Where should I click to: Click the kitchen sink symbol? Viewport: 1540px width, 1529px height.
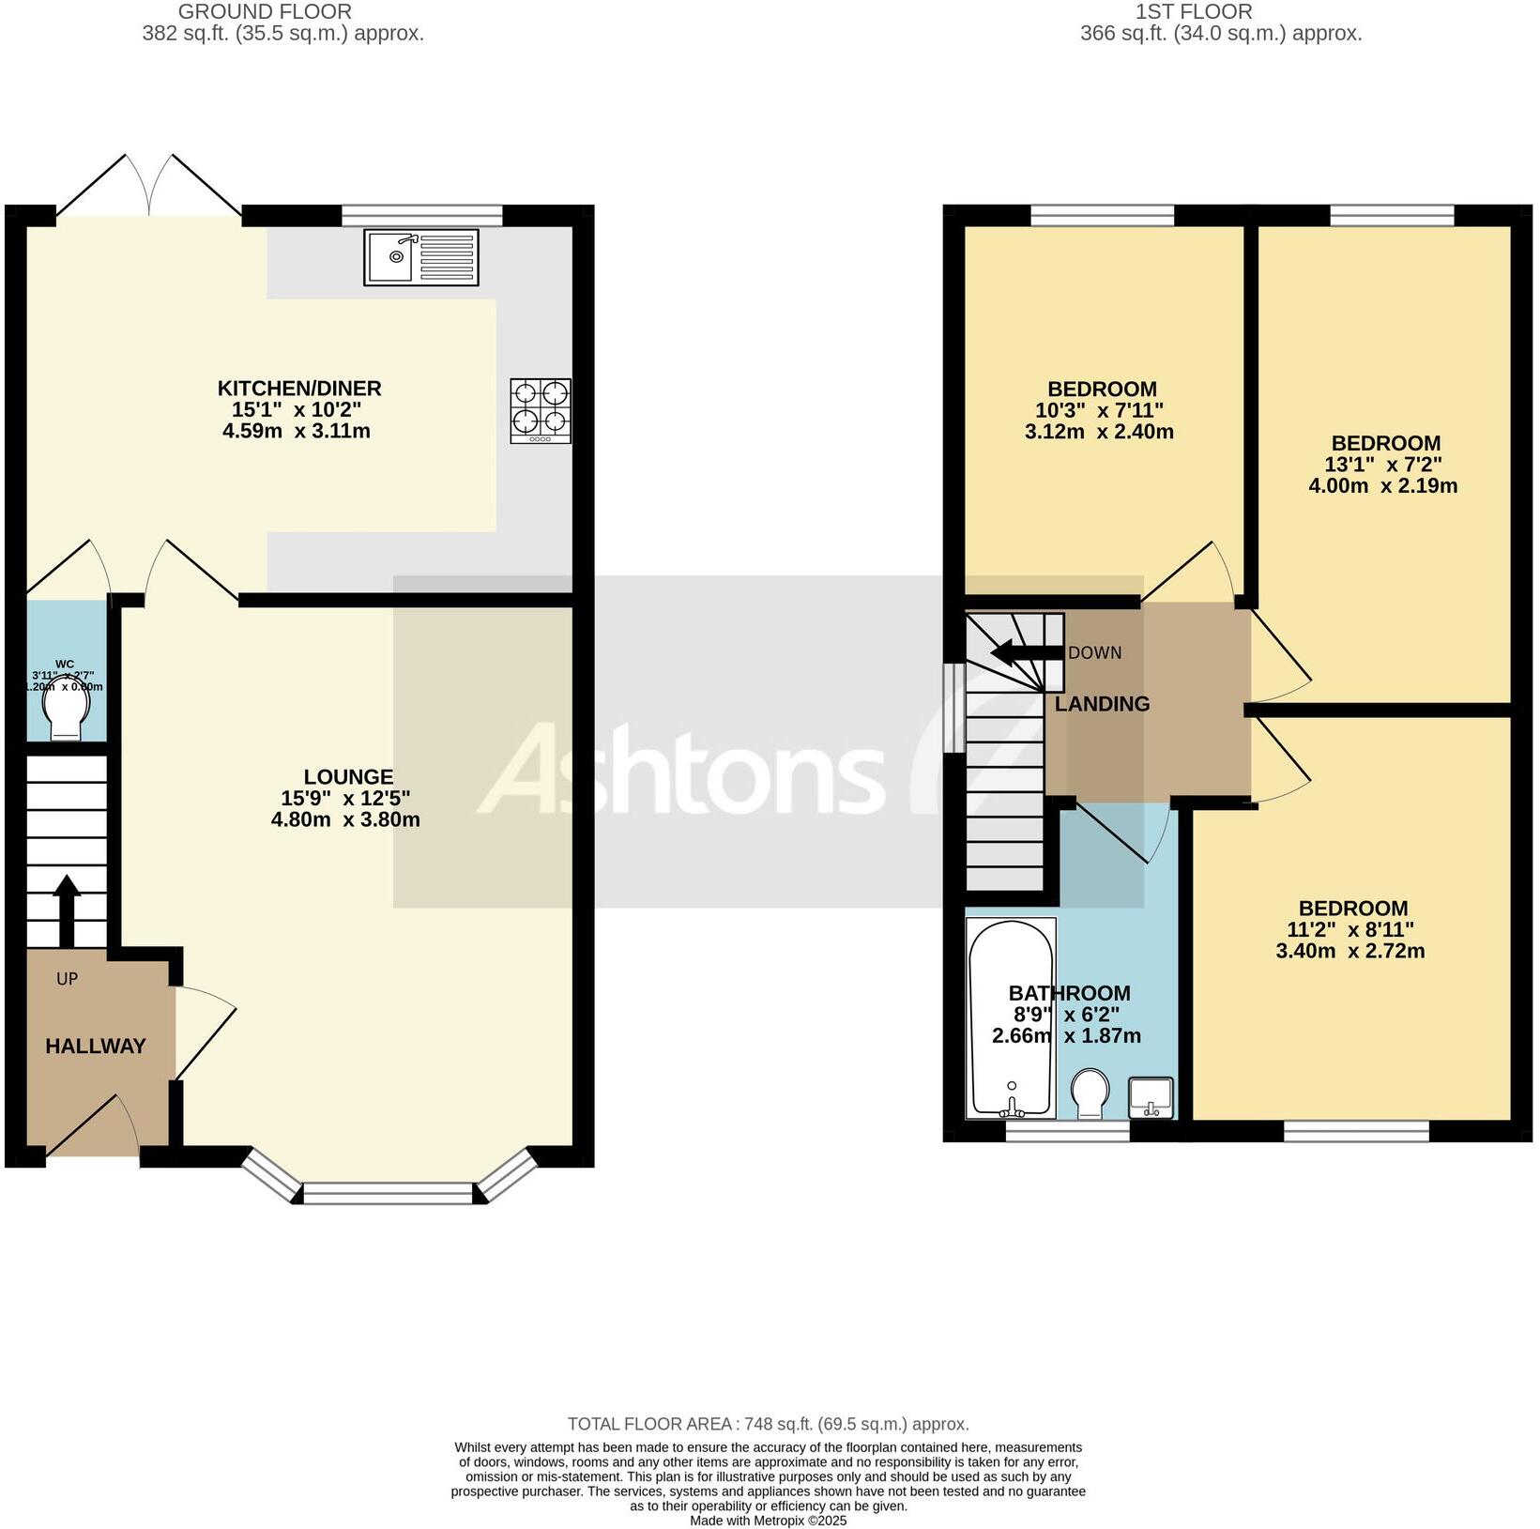pos(420,257)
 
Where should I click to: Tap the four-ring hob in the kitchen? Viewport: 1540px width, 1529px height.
pos(541,410)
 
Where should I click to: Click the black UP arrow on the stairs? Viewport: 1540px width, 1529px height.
pos(67,910)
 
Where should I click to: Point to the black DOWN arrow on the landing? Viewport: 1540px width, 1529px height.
pos(1027,652)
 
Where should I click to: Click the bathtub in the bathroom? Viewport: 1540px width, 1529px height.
pos(1011,1018)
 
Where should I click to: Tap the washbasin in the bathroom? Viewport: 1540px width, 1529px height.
pos(1151,1097)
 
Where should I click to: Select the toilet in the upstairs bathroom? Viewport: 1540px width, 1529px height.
pos(1090,1093)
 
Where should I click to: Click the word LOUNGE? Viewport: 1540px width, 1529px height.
pos(348,777)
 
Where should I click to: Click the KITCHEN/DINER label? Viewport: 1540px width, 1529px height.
pos(299,389)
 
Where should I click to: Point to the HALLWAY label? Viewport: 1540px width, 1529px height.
pos(96,1046)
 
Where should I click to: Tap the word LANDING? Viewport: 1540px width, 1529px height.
pos(1102,704)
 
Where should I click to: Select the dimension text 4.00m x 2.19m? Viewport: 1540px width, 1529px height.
pos(1383,486)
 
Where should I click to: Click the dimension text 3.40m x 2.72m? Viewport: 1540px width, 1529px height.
pos(1350,951)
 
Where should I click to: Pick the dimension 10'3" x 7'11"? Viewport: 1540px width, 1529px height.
pos(1099,410)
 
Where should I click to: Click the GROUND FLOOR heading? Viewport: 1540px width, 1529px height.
pos(265,12)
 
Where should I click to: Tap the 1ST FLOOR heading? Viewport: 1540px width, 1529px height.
pos(1193,12)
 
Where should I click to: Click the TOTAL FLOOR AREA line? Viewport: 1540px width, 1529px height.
pos(768,1424)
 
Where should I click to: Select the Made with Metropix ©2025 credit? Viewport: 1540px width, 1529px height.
pos(768,1521)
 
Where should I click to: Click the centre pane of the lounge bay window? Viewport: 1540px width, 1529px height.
pos(388,1193)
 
